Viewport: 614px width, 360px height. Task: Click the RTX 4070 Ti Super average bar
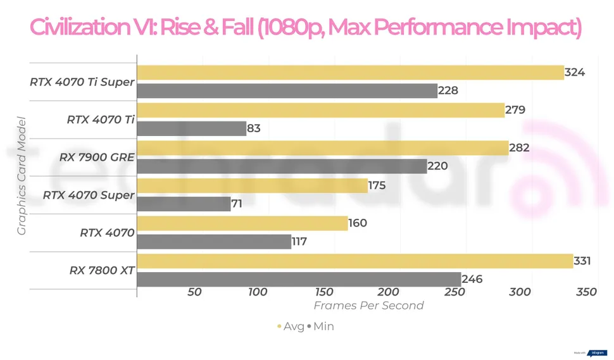click(x=350, y=73)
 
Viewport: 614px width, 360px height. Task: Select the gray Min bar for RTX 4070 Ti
click(x=191, y=128)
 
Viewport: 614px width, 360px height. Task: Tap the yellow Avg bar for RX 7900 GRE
click(x=322, y=148)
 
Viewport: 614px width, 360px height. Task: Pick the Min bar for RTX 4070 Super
click(x=184, y=204)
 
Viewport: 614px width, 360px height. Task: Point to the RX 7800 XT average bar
click(x=354, y=261)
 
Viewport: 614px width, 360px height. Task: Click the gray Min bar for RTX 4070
click(x=214, y=242)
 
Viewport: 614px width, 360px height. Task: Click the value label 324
click(x=575, y=73)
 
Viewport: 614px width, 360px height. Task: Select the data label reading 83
click(x=254, y=128)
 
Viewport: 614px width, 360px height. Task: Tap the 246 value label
click(x=472, y=279)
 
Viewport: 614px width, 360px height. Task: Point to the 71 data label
click(x=237, y=204)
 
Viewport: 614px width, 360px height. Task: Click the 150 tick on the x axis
click(x=323, y=292)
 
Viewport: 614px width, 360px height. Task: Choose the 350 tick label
click(x=587, y=292)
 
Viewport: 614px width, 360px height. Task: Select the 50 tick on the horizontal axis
click(x=194, y=292)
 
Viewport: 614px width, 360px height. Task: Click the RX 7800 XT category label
click(x=102, y=271)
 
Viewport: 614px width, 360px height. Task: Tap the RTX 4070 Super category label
click(x=89, y=196)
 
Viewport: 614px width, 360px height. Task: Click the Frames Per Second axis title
click(x=369, y=306)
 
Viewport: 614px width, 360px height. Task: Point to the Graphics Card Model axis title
click(x=22, y=176)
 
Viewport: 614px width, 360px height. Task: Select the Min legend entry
click(x=323, y=326)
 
